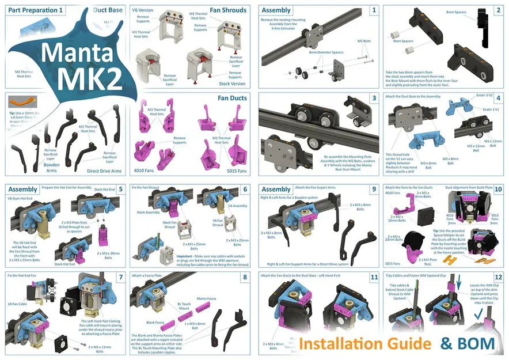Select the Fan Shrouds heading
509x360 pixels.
tap(228, 10)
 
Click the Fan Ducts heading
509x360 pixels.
tap(231, 98)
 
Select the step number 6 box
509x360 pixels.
tap(245, 189)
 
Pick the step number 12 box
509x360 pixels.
tap(497, 276)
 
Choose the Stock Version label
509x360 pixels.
tap(233, 83)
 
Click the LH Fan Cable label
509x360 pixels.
tap(17, 303)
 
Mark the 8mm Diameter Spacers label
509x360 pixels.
tap(326, 52)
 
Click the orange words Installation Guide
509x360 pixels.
tap(364, 344)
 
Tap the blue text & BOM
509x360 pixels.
tap(468, 344)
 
